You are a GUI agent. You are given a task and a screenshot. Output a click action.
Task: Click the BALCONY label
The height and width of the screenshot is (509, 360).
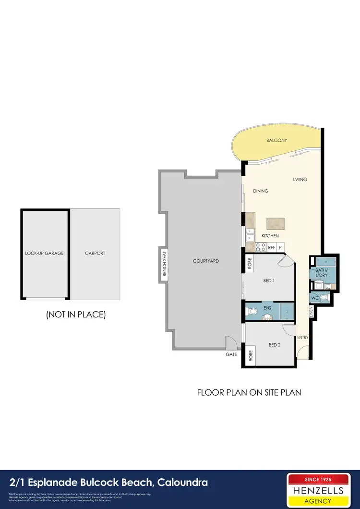276,140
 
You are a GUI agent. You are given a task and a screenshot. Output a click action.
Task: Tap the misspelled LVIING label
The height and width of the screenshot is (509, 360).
300,180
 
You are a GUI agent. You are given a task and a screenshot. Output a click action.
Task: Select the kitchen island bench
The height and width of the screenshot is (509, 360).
276,223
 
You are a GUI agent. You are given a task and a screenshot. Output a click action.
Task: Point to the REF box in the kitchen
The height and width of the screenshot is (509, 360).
272,247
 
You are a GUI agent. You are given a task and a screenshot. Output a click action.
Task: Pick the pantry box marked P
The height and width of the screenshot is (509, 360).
280,247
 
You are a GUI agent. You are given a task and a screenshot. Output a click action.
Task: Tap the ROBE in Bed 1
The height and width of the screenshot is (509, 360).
250,264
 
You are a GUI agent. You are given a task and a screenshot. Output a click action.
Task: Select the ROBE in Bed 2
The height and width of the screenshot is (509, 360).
250,356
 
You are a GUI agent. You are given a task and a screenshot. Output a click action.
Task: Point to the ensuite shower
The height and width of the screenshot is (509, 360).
286,311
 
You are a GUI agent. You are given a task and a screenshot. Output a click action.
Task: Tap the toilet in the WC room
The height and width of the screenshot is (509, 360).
324,298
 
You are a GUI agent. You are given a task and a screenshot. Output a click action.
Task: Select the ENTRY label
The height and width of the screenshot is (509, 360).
302,338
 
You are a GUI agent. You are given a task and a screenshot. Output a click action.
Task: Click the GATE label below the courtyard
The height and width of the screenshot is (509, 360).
231,354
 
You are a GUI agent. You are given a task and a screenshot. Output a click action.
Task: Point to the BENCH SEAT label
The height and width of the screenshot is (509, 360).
164,263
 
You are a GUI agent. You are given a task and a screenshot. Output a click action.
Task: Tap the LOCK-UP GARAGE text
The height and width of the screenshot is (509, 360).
45,253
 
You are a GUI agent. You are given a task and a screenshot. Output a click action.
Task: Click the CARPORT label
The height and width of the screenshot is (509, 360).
95,253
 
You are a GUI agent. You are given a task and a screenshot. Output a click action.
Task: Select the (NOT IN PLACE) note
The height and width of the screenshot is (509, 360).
75,315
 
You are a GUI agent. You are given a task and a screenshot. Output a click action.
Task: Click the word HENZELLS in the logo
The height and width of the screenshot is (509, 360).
318,490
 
